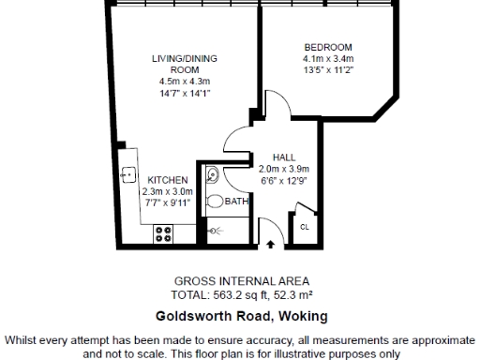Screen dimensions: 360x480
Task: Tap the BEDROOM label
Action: pyautogui.click(x=328, y=47)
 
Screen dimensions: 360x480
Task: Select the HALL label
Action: pyautogui.click(x=284, y=157)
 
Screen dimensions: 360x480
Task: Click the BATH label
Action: pyautogui.click(x=236, y=201)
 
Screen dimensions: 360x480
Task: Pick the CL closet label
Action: pyautogui.click(x=305, y=227)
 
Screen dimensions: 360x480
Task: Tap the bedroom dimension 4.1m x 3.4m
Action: pyautogui.click(x=328, y=58)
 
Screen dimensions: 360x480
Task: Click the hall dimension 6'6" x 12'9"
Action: pyautogui.click(x=284, y=179)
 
